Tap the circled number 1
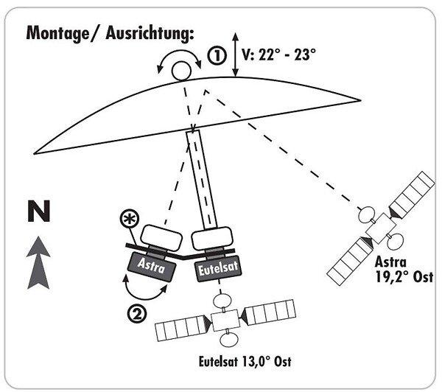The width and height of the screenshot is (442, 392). pyautogui.click(x=215, y=56)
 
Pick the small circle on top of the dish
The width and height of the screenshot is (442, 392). pyautogui.click(x=180, y=70)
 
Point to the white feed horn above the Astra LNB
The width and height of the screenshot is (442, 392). pyautogui.click(x=161, y=236)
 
